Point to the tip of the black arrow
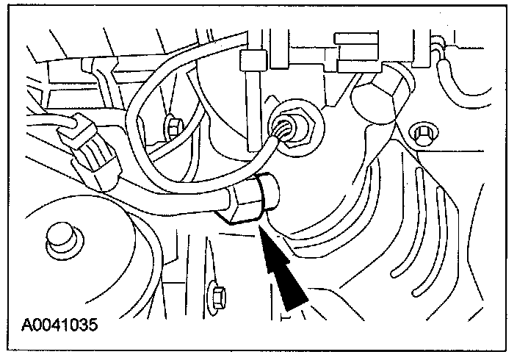pos(260,229)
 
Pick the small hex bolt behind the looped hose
pos(175,128)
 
